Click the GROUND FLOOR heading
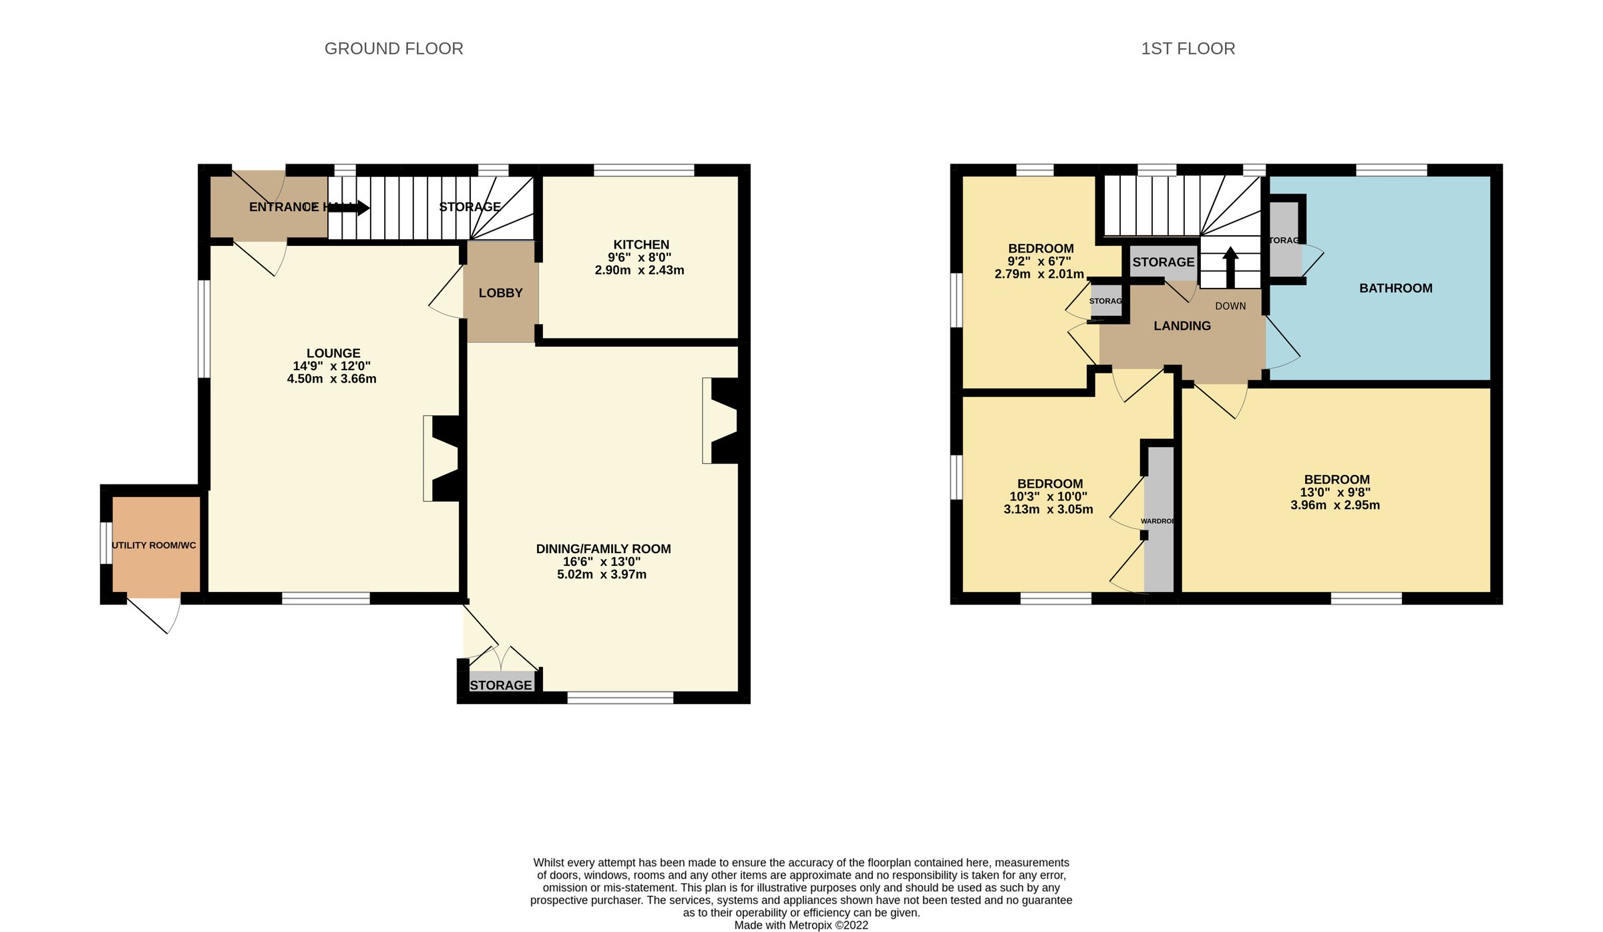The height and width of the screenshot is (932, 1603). click(393, 49)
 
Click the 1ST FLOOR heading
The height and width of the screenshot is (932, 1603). click(1188, 49)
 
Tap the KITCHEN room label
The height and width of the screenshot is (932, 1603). click(641, 245)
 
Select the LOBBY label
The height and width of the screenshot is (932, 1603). click(500, 293)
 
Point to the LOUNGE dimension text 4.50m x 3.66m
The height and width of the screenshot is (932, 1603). click(331, 379)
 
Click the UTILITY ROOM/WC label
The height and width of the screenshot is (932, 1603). click(154, 545)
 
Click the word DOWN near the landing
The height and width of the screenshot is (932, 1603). click(1230, 306)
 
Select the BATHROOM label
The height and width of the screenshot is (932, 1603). click(1395, 288)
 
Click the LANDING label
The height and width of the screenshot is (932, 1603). click(1182, 326)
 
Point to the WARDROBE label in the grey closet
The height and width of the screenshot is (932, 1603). click(1157, 521)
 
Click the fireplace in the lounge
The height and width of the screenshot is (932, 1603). click(443, 458)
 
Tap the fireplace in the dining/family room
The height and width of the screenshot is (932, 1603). click(723, 421)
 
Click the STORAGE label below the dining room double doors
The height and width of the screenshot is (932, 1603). click(500, 685)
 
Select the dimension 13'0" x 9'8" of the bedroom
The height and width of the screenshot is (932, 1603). click(1334, 492)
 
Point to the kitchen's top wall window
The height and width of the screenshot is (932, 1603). click(644, 170)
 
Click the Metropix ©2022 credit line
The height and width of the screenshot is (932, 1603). click(801, 925)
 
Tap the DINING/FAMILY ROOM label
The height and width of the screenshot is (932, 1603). click(603, 549)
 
